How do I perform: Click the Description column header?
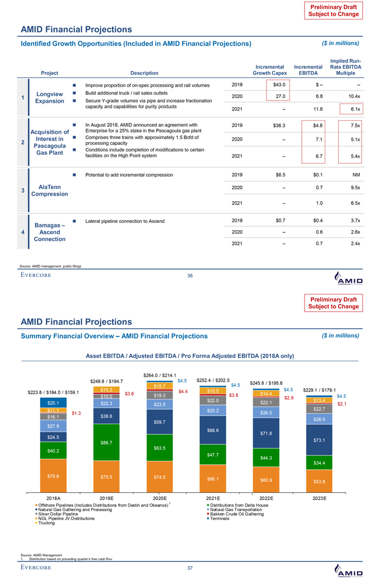pyautogui.click(x=144, y=72)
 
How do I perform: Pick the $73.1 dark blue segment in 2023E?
pyautogui.click(x=320, y=441)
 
